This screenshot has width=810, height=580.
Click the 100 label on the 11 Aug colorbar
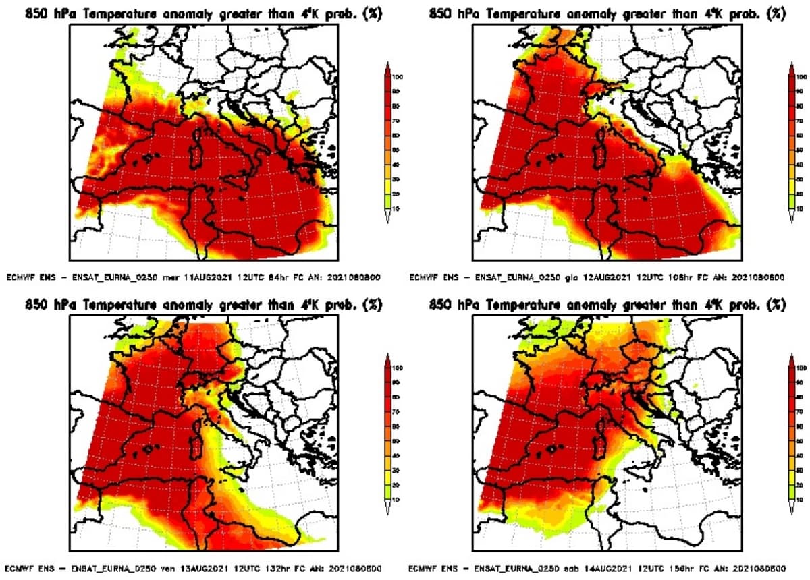point(398,77)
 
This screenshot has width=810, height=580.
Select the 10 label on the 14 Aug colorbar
point(801,500)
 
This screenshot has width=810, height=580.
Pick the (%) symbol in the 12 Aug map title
point(778,13)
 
